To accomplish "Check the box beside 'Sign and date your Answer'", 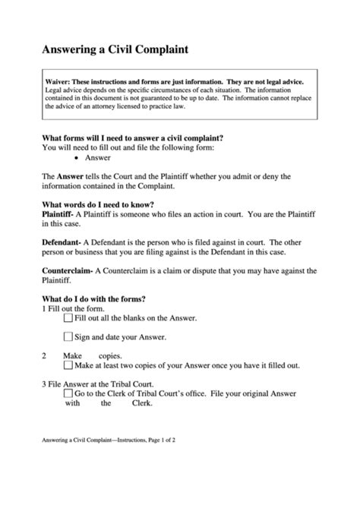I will [68, 337].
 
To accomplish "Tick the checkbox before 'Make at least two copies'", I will [68, 365].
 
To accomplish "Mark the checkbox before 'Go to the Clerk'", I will [68, 394].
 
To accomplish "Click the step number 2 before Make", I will [44, 355].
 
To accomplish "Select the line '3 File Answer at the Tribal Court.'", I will [105, 383].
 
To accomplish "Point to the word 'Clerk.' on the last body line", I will [142, 404].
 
